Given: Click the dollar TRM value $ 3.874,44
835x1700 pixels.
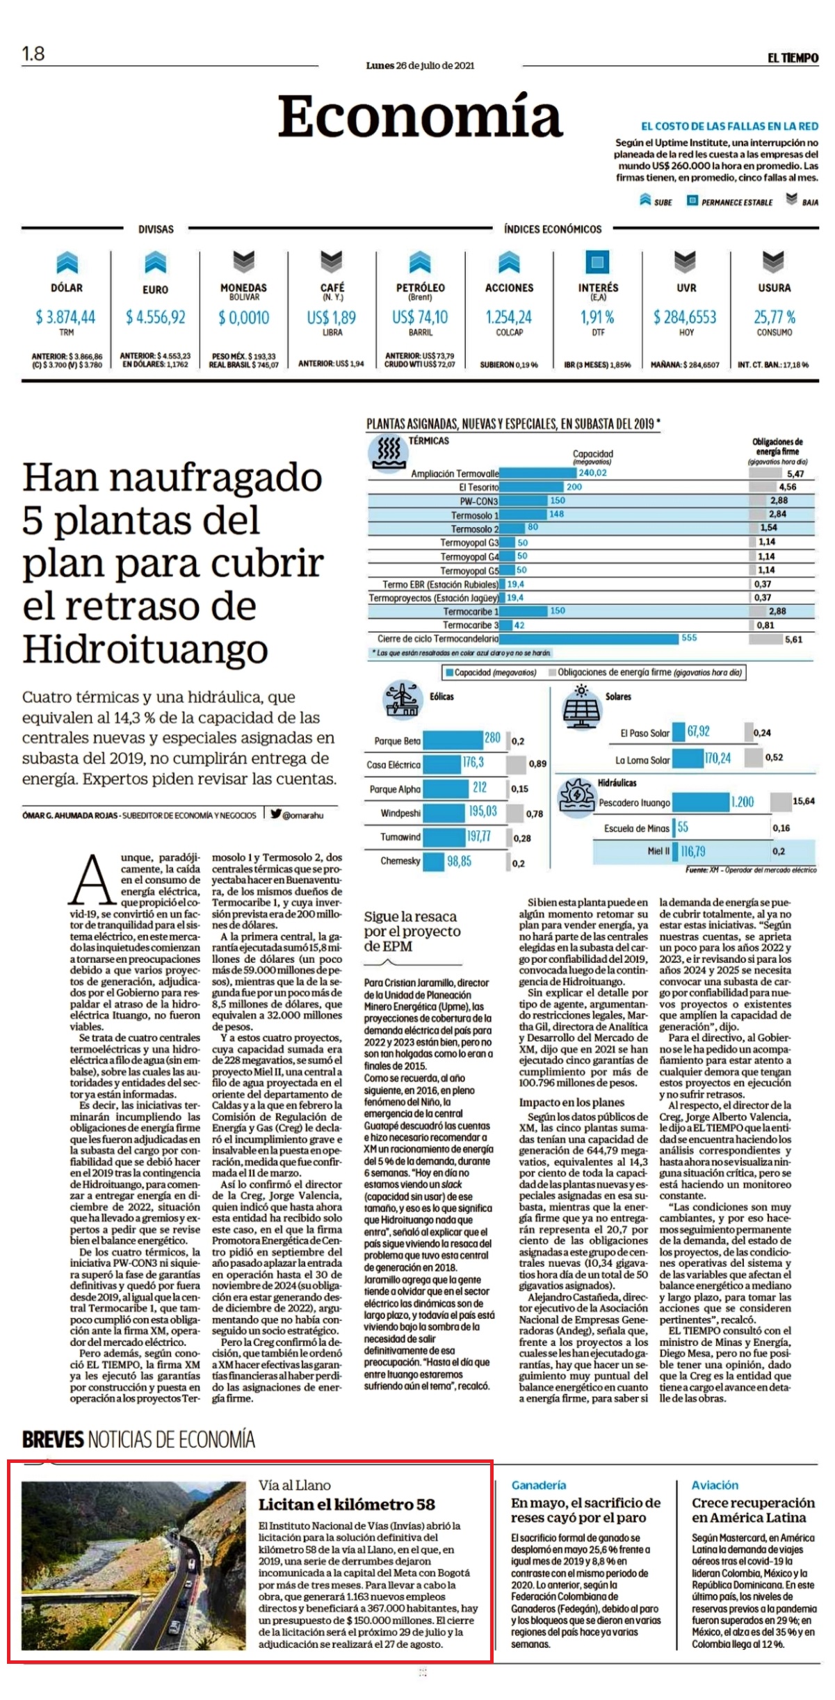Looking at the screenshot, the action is (x=65, y=318).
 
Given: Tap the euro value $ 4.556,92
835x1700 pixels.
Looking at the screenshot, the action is (x=155, y=318).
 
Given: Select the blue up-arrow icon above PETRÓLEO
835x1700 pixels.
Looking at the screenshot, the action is (x=420, y=262).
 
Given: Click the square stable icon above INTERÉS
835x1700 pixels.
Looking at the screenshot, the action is (x=597, y=262).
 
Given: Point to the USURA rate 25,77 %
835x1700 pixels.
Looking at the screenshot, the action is (x=775, y=318).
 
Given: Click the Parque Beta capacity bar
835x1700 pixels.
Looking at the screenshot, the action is (x=453, y=740).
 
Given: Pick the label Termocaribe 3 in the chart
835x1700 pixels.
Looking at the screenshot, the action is (x=471, y=625).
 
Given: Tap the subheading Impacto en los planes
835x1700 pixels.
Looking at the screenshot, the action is (x=571, y=1103).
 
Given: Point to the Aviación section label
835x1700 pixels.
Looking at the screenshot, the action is (x=715, y=1484).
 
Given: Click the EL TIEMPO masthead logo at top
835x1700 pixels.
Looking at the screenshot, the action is (x=793, y=58).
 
